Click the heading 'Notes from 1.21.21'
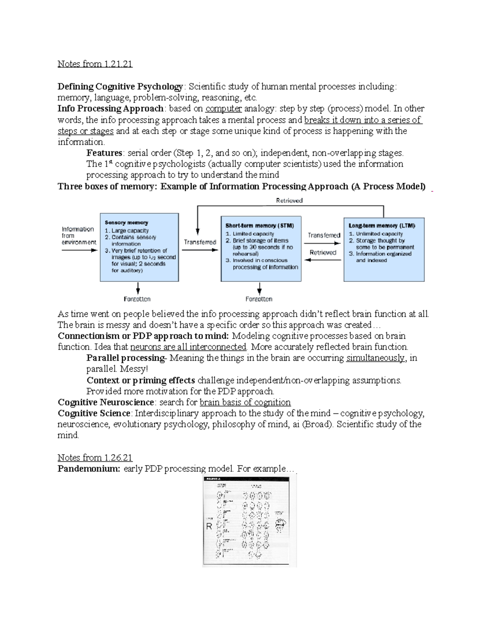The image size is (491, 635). click(95, 64)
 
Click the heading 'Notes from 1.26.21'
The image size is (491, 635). click(95, 458)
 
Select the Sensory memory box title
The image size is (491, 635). click(126, 222)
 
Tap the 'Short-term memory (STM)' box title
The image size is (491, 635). click(259, 226)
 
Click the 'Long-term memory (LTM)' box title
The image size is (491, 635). click(382, 225)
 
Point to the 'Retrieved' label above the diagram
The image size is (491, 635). click(289, 201)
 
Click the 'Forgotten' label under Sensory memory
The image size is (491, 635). click(137, 299)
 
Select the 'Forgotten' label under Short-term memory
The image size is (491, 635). click(259, 299)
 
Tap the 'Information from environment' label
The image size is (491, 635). click(78, 236)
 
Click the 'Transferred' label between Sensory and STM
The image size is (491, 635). click(200, 242)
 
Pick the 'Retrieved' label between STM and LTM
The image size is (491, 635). click(323, 253)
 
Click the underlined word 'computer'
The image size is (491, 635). click(223, 109)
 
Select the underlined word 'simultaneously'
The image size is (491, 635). click(375, 358)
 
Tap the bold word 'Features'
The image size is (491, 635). click(104, 153)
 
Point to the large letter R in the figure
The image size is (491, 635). click(209, 526)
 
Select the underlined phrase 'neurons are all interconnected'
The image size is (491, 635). click(188, 347)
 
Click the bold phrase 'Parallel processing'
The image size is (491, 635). click(125, 358)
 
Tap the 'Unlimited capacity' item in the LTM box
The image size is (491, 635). click(379, 234)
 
